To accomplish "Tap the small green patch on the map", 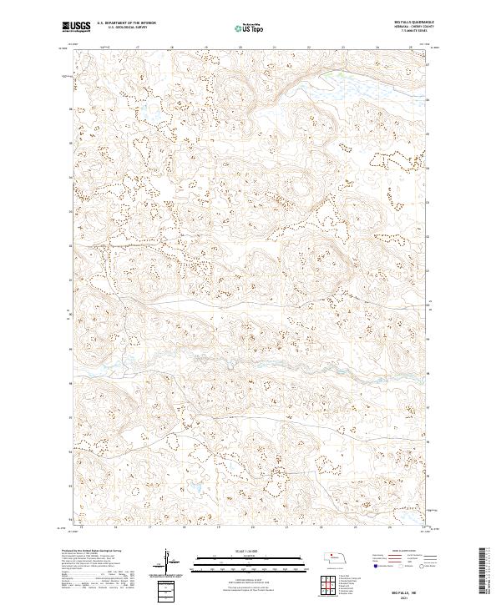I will point(338,75).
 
